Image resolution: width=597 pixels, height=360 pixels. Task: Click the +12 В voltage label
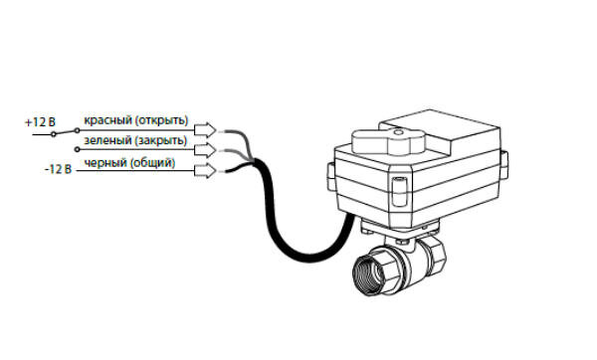tap(40, 122)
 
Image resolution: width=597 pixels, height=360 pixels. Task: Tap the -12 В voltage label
tap(58, 169)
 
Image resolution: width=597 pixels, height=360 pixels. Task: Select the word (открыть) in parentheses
tap(161, 120)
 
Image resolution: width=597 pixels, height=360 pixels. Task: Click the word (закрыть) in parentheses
tap(160, 140)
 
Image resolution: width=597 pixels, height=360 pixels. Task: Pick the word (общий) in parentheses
tap(152, 163)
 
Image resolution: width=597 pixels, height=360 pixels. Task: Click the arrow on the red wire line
tap(205, 130)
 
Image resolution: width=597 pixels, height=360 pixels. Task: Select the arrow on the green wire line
tap(205, 150)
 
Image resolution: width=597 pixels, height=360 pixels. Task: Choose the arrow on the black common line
tap(205, 170)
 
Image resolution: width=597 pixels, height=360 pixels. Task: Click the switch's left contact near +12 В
tap(54, 134)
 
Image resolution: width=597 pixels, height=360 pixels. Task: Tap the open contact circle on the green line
tap(78, 150)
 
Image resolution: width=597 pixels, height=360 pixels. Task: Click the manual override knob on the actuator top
tap(388, 141)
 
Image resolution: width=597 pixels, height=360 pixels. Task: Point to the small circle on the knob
tap(398, 133)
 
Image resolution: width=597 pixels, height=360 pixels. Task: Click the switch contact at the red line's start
tap(78, 130)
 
